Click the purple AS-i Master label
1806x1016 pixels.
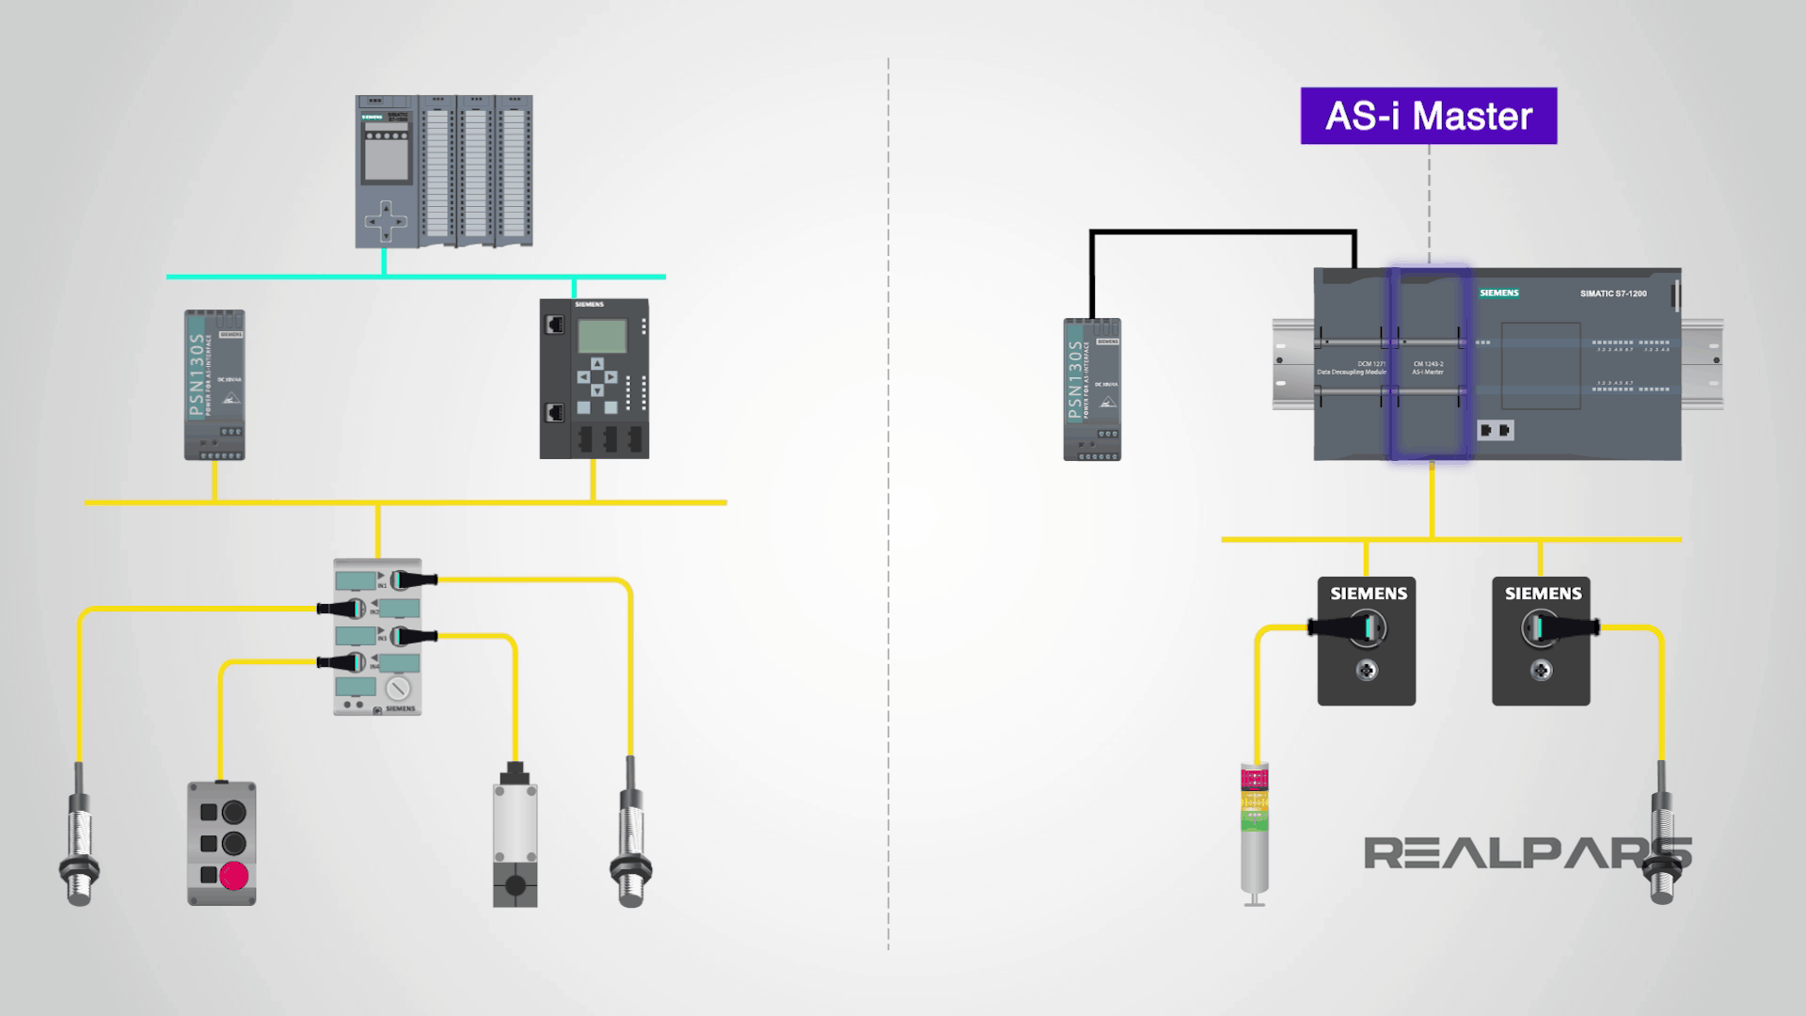1428,116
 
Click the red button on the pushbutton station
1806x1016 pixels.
233,876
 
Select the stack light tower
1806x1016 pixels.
1254,833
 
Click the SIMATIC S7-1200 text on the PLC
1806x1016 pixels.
1612,294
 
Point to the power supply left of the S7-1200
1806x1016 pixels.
1091,389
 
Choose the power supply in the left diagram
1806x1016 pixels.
214,385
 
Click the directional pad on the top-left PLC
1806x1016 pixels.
387,224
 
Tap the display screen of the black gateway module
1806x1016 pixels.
601,336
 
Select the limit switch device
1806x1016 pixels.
515,833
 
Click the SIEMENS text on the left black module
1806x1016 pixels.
1368,594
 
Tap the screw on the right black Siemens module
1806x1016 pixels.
1541,671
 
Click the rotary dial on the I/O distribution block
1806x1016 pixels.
397,689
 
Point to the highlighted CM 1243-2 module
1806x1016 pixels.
1429,365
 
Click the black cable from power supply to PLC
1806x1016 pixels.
1223,231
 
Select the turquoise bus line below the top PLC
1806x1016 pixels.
416,277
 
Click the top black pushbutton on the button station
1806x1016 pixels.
233,812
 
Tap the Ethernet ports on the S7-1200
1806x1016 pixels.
1495,431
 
